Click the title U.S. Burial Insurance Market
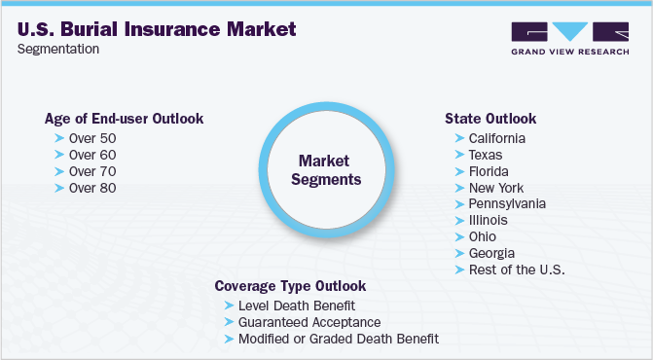157,29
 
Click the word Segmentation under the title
59,50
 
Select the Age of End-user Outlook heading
124,119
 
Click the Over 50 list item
92,138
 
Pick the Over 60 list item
92,155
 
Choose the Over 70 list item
92,171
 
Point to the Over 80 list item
92,188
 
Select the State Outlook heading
490,119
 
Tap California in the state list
497,138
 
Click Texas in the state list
485,155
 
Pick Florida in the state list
489,171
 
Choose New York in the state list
495,188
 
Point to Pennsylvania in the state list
506,204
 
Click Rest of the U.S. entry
516,270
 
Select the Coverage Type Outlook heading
291,286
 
